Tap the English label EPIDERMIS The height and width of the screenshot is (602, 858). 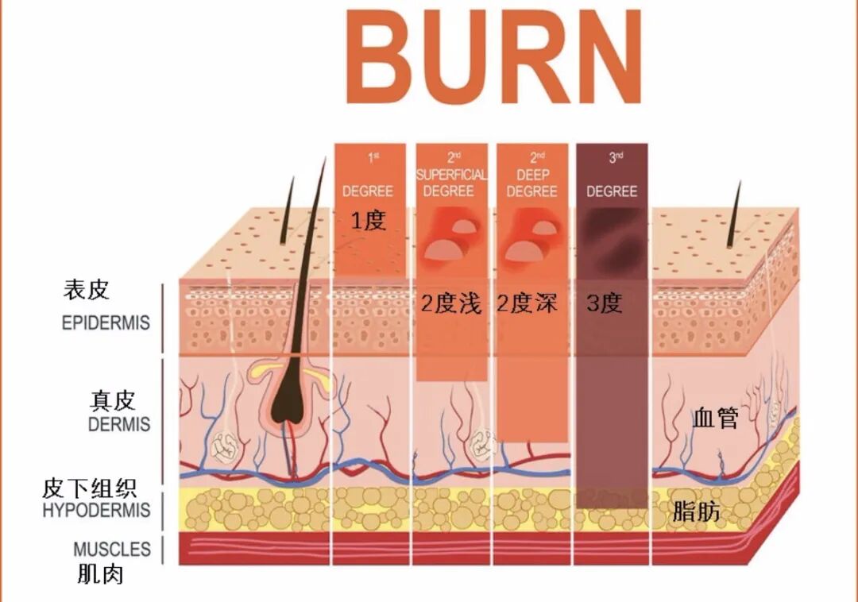[106, 322]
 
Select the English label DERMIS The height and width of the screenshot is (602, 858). [119, 424]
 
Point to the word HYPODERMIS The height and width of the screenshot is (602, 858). [96, 510]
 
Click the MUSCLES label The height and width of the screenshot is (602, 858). [112, 550]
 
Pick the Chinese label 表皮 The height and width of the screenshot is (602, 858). [87, 289]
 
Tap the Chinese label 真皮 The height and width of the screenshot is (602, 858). [112, 400]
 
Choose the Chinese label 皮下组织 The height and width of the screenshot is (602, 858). [89, 488]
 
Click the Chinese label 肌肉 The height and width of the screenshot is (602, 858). [100, 574]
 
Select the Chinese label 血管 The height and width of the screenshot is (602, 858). [715, 418]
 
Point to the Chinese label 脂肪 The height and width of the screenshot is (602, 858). [695, 511]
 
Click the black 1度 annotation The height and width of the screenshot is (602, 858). [369, 221]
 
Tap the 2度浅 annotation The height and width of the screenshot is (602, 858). [451, 303]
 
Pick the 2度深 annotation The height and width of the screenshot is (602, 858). [527, 303]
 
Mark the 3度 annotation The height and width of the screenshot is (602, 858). [605, 303]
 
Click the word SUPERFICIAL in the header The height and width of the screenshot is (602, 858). [451, 175]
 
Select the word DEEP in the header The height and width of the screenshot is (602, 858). [532, 175]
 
